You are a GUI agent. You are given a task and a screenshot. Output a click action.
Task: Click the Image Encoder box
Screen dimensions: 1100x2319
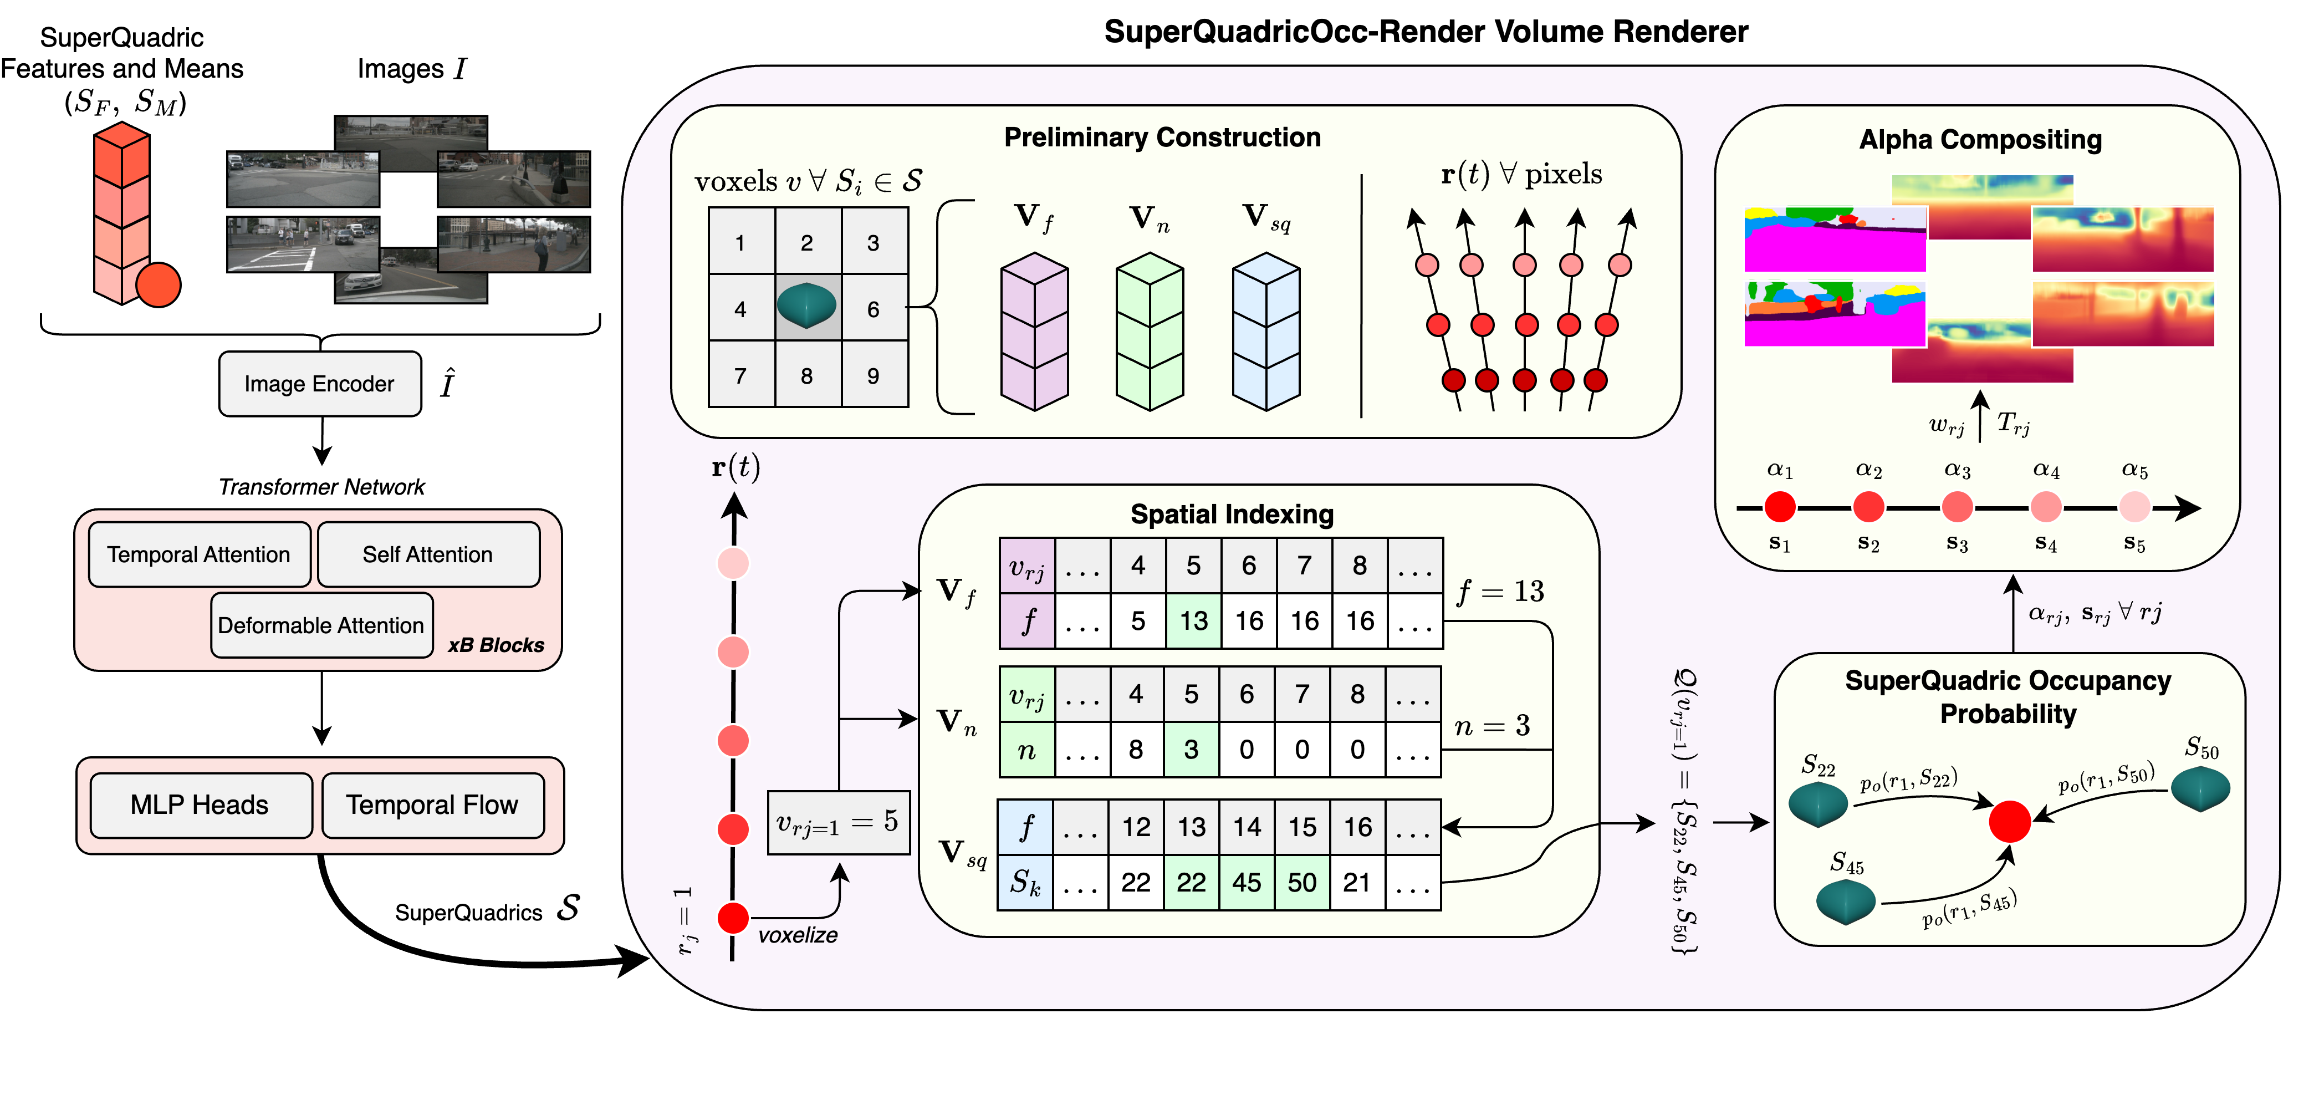coord(320,384)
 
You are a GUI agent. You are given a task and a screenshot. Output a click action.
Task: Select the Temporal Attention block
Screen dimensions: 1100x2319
coord(199,554)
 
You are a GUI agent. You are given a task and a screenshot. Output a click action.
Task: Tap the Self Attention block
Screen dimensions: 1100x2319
coord(428,554)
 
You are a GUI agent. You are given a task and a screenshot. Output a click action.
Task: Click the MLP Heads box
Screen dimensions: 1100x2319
coord(200,804)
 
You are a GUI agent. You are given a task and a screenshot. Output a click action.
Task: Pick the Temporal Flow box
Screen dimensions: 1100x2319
coord(432,804)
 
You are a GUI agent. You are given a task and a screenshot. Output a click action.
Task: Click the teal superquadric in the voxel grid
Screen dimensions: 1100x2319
coord(806,306)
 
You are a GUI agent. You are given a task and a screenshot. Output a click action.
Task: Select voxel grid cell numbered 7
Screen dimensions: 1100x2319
coord(740,375)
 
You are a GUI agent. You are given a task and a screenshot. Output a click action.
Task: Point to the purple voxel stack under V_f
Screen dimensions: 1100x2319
coord(1034,331)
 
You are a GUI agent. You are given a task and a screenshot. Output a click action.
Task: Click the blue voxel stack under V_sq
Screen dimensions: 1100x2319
coord(1266,331)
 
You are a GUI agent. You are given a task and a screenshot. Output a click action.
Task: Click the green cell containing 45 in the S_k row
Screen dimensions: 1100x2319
coord(1247,882)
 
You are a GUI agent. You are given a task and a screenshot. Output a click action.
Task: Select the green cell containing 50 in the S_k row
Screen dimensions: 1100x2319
coord(1302,882)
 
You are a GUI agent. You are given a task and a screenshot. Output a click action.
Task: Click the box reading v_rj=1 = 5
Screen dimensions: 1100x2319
coord(838,822)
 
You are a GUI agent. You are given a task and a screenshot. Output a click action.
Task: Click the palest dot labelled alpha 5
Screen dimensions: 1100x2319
coord(2134,507)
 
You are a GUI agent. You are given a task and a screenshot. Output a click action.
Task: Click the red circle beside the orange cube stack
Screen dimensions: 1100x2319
coord(159,286)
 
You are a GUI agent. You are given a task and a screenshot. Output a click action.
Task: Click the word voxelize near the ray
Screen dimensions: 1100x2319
coord(798,935)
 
